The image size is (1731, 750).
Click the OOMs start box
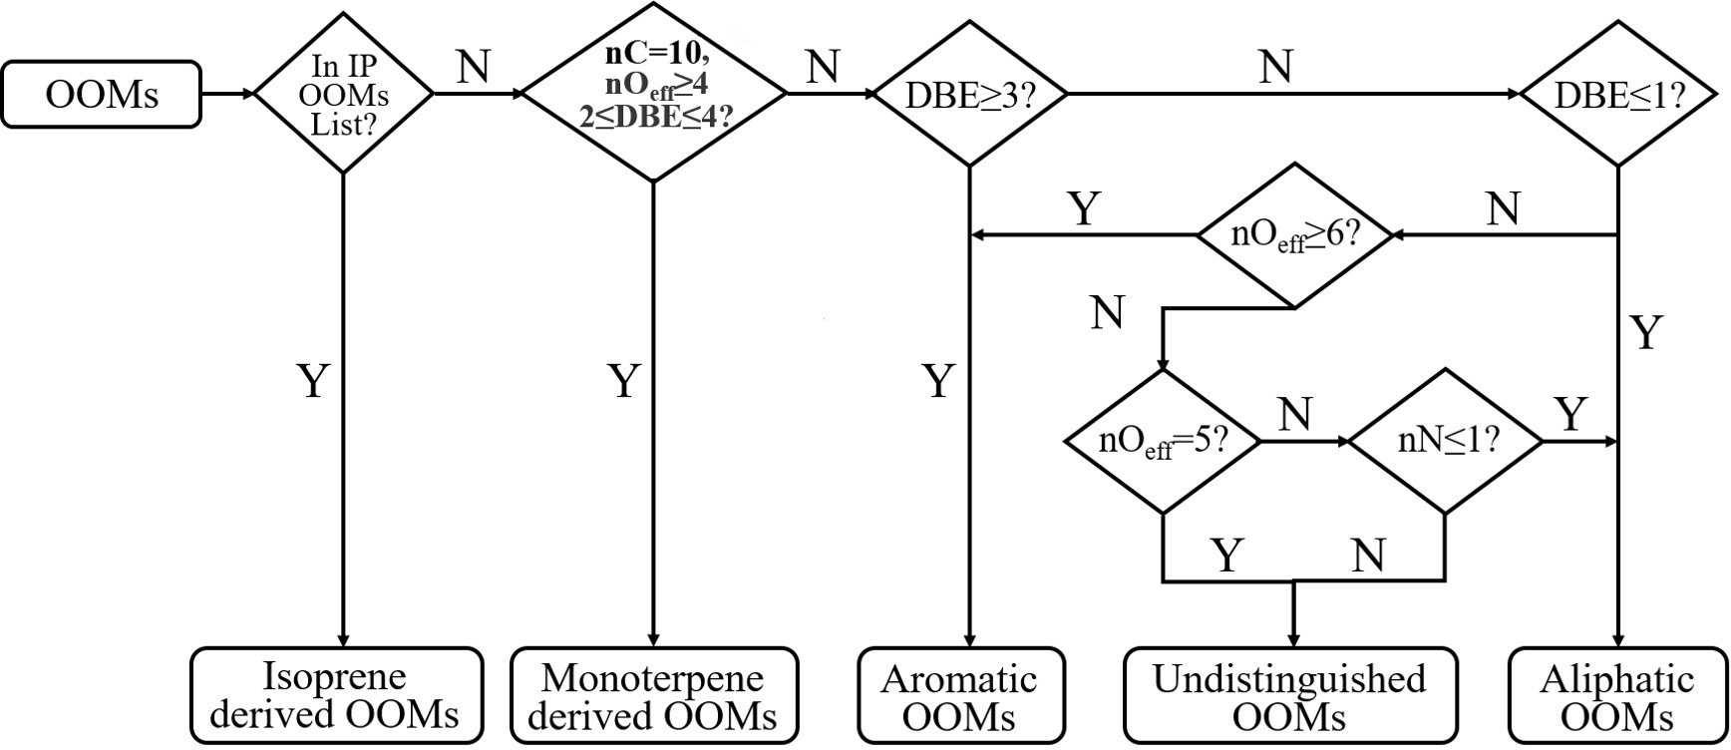tap(101, 94)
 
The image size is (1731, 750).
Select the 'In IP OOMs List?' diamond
tap(343, 94)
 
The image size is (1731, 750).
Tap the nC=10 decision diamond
tap(654, 94)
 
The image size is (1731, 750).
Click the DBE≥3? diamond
tap(969, 95)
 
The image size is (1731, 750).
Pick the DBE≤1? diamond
tap(1617, 95)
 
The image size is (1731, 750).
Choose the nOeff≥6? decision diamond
tap(1294, 235)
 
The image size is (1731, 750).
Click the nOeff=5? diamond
tap(1163, 441)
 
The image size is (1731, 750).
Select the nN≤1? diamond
tap(1445, 441)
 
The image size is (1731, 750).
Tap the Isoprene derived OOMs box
tap(336, 696)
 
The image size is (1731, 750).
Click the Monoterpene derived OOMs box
tap(654, 696)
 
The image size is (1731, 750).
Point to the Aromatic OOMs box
tap(961, 696)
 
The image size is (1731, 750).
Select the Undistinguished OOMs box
tap(1289, 696)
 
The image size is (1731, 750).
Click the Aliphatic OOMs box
tap(1616, 696)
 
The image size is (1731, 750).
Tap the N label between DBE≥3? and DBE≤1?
tap(1275, 68)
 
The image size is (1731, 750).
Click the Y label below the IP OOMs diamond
tap(314, 381)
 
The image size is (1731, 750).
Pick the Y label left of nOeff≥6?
tap(1084, 209)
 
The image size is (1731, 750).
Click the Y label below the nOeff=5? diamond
tap(1227, 555)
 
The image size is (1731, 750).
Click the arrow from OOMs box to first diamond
tap(227, 94)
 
